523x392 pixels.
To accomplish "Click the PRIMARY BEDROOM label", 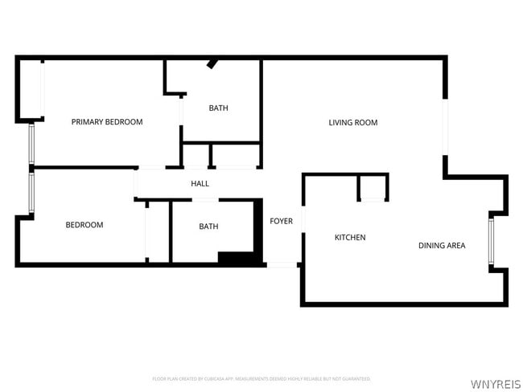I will (107, 122).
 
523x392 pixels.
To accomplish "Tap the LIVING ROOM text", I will (352, 123).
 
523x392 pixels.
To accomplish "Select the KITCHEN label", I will (350, 238).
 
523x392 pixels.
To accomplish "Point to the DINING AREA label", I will (441, 246).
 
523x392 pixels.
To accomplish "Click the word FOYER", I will (281, 222).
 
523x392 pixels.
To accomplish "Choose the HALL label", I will (200, 184).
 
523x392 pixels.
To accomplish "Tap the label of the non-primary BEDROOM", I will (84, 225).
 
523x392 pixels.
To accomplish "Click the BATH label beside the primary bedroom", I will (218, 108).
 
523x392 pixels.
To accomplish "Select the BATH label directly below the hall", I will (208, 227).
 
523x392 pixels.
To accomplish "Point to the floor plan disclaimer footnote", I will (261, 378).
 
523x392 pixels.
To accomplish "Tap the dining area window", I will (491, 240).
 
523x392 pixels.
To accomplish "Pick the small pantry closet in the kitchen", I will (373, 188).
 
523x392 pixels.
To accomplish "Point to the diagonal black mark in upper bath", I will (213, 63).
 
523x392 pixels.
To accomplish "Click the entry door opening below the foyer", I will (282, 264).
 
